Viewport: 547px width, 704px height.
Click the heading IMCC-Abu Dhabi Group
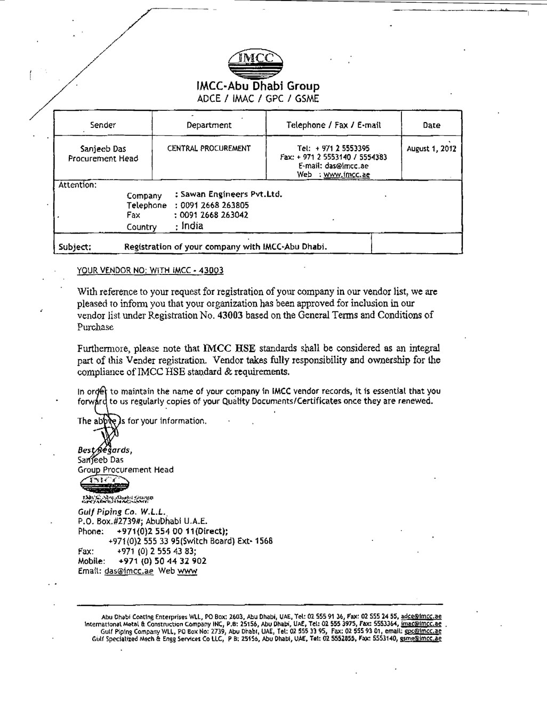(258, 86)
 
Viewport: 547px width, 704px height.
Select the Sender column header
(103, 125)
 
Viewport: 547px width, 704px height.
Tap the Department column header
(209, 125)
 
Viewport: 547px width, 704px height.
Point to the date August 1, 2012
(431, 149)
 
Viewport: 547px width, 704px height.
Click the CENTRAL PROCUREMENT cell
(209, 149)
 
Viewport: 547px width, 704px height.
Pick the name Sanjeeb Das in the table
(103, 149)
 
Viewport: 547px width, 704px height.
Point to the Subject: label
(75, 247)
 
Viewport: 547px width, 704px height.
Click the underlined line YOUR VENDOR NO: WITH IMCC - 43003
(150, 270)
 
